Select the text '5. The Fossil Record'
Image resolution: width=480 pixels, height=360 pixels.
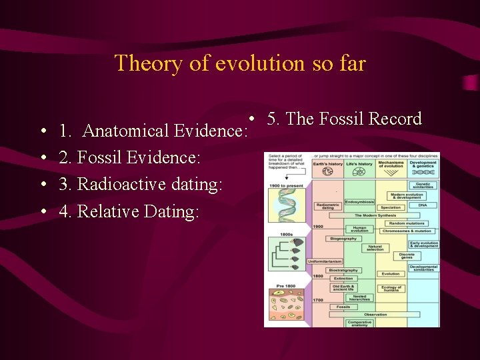[x=344, y=119]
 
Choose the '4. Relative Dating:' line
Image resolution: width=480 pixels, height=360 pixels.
[x=129, y=211]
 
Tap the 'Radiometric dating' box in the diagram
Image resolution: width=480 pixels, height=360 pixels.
[x=327, y=207]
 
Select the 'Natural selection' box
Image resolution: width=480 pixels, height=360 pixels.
[x=375, y=248]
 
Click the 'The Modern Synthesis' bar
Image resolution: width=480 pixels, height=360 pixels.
[x=375, y=215]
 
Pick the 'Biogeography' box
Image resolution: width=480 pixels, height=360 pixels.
[x=343, y=238]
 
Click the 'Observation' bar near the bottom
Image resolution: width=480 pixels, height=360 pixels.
[x=375, y=315]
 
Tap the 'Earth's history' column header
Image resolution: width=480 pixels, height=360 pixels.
[x=327, y=164]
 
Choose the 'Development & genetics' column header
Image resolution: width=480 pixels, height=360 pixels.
[x=423, y=164]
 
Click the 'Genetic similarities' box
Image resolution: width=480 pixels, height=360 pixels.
[x=423, y=185]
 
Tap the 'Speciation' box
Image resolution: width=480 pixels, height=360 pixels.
[x=391, y=207]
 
